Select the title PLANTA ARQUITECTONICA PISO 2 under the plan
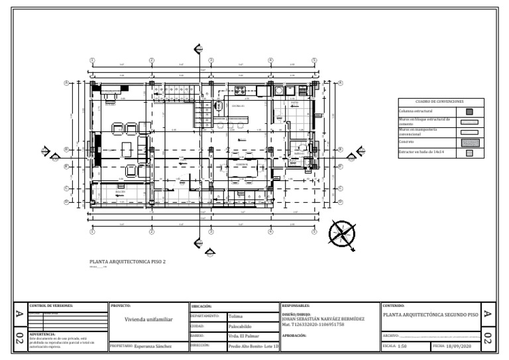click(x=123, y=262)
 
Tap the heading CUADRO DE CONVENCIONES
click(x=441, y=101)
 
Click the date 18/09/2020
click(x=459, y=346)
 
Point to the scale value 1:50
click(x=402, y=346)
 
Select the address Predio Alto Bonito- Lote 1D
click(x=253, y=346)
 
